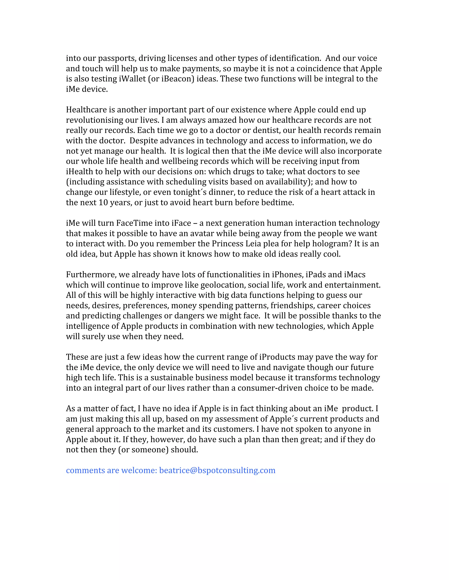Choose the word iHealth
(79, 172)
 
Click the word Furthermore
(91, 275)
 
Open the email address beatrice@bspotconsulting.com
(217, 471)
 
